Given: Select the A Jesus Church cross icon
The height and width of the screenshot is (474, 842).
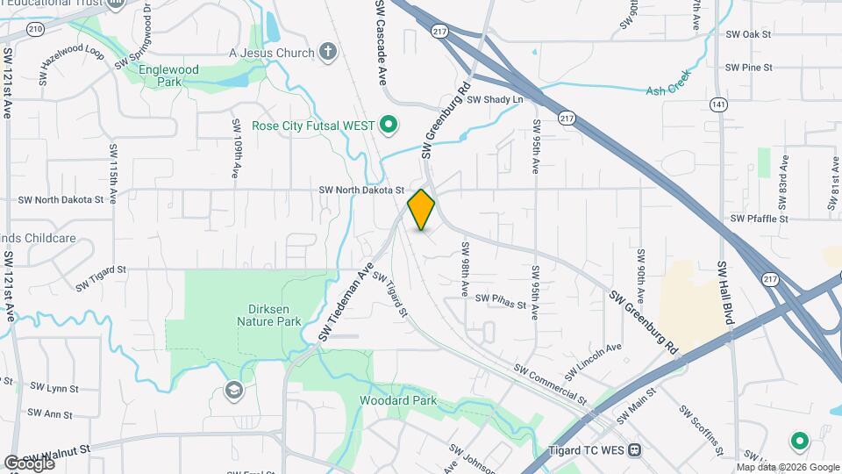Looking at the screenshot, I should (328, 53).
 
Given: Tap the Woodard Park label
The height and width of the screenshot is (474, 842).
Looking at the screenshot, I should (397, 401).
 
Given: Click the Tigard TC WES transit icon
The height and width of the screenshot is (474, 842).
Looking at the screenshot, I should (634, 450).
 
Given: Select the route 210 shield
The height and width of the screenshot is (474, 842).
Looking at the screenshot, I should (35, 29).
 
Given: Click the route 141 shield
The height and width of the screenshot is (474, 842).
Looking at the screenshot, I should (719, 104).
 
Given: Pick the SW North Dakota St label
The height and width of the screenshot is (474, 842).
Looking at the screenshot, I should (361, 190).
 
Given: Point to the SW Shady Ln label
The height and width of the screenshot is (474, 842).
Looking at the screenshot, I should (495, 100).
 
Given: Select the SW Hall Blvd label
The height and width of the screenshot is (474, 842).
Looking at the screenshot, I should (725, 294).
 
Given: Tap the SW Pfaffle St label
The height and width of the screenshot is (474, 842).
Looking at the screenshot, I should (760, 219).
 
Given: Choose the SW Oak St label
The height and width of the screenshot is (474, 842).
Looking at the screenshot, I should (749, 34).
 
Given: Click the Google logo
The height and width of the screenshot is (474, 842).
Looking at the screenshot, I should (29, 463).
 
